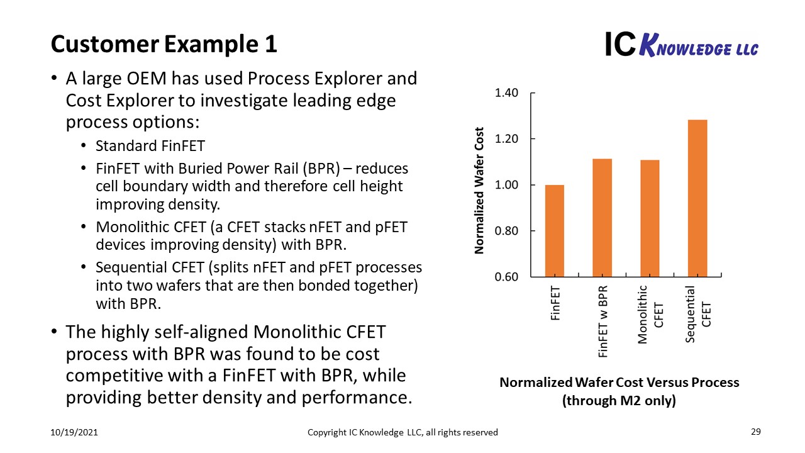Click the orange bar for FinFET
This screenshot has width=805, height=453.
click(x=555, y=231)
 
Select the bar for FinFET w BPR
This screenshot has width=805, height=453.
click(x=602, y=218)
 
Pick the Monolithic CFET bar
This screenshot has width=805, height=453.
click(x=650, y=218)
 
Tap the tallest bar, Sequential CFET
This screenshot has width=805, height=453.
click(x=697, y=198)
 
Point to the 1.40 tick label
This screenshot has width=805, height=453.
click(x=506, y=92)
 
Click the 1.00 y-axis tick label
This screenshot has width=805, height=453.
click(x=506, y=185)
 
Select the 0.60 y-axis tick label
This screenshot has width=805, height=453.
click(x=506, y=277)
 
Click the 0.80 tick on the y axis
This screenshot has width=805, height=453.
click(x=506, y=231)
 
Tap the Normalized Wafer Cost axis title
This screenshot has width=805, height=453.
click(x=479, y=191)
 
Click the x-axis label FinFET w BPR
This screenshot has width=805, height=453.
click(x=602, y=322)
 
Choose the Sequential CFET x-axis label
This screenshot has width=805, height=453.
click(x=698, y=314)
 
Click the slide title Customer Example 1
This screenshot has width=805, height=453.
click(x=164, y=44)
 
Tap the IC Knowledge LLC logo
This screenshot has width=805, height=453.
click(x=682, y=45)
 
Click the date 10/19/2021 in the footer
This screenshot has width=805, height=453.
click(x=74, y=432)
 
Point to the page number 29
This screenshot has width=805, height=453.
click(x=756, y=432)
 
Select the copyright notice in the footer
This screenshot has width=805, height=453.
click(x=402, y=432)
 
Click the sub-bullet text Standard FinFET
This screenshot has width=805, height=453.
click(x=150, y=146)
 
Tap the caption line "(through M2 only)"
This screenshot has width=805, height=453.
click(x=619, y=401)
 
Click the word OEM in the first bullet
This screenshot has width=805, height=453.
click(x=147, y=79)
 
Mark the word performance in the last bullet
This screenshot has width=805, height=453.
click(x=357, y=398)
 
